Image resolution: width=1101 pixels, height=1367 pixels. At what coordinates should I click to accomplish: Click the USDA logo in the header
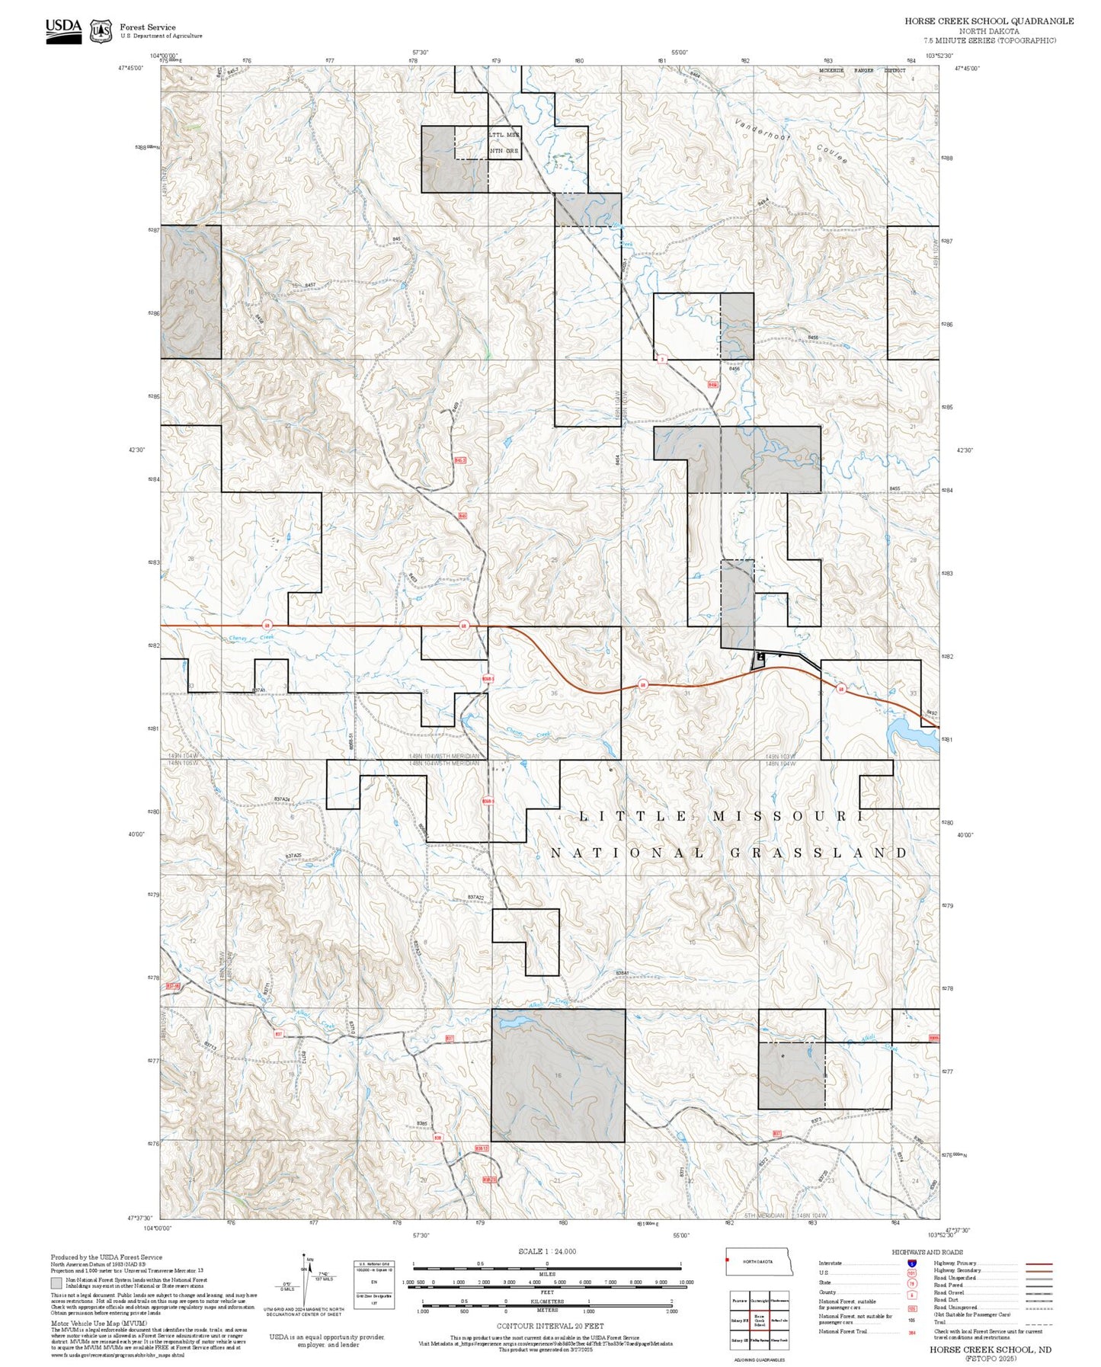point(63,30)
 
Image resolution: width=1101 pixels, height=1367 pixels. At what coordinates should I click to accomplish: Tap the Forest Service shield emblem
point(101,31)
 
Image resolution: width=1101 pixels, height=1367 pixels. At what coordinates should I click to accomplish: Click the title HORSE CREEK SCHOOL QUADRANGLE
point(989,21)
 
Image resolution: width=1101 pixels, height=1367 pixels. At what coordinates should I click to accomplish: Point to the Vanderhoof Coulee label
point(791,142)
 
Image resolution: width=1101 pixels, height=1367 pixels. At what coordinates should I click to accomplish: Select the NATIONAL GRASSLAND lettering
point(729,853)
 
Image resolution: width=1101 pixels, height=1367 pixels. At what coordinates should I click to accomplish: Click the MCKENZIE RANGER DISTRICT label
point(862,71)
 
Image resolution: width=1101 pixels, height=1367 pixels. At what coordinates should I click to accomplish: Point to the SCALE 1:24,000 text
point(547,1251)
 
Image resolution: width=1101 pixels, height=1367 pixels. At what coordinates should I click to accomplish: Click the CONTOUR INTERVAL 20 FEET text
point(547,1326)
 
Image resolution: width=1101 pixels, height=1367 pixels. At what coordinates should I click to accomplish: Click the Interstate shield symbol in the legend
point(912,1263)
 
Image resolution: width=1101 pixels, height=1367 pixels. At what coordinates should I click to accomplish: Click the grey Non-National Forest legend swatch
point(57,1282)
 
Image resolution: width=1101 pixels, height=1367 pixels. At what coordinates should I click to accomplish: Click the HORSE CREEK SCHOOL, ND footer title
point(990,1349)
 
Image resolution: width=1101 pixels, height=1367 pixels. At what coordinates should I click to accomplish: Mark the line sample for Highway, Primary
point(1039,1263)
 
